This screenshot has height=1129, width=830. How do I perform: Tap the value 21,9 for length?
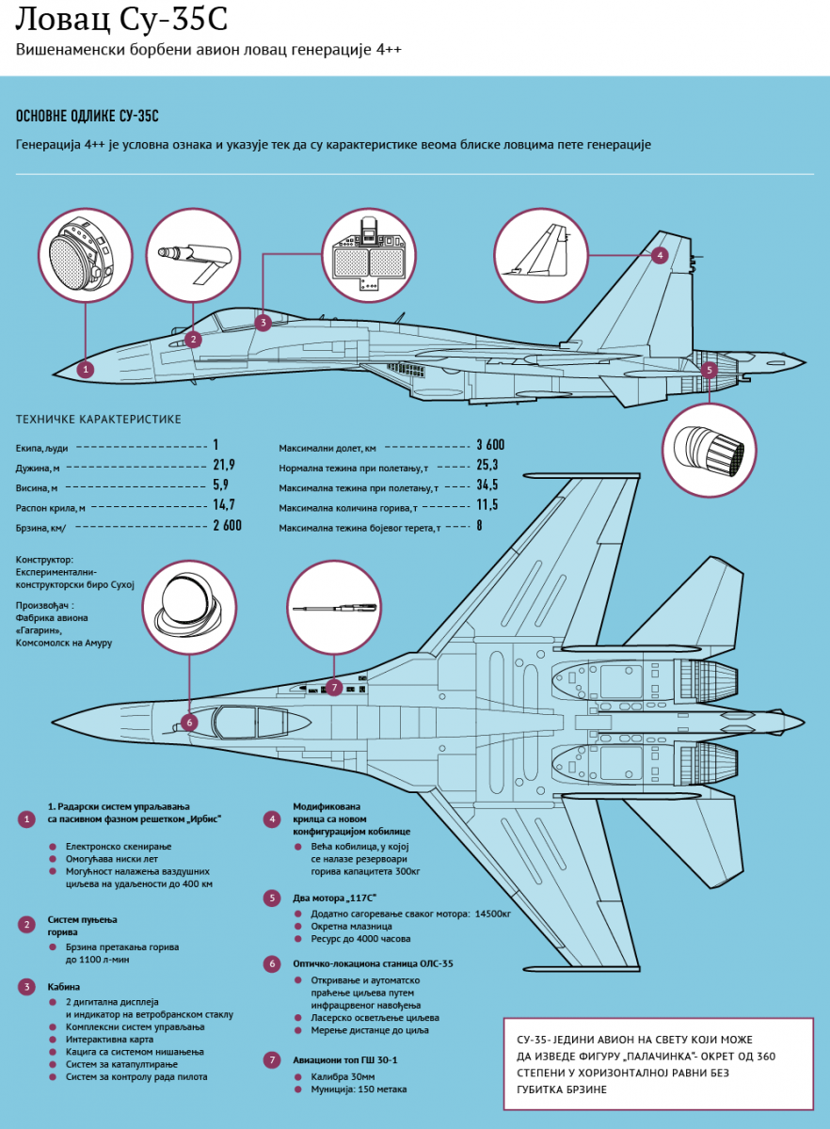point(224,465)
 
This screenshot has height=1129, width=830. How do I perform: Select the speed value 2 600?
point(227,525)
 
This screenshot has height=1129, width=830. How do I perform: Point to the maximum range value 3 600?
point(490,444)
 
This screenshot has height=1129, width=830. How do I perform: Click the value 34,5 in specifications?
point(487,485)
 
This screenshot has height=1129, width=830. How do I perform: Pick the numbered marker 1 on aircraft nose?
point(86,370)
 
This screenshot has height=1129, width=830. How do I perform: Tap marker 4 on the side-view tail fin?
point(659,254)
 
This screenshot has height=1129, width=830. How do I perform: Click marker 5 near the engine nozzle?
point(709,370)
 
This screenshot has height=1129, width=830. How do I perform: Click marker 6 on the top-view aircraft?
point(189,723)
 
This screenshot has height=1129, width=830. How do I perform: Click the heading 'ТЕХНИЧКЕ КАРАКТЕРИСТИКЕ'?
point(99,419)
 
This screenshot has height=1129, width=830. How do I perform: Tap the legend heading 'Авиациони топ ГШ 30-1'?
point(345,1059)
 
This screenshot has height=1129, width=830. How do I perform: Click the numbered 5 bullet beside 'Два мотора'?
point(271,898)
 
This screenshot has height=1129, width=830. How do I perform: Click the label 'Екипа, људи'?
point(42,446)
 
